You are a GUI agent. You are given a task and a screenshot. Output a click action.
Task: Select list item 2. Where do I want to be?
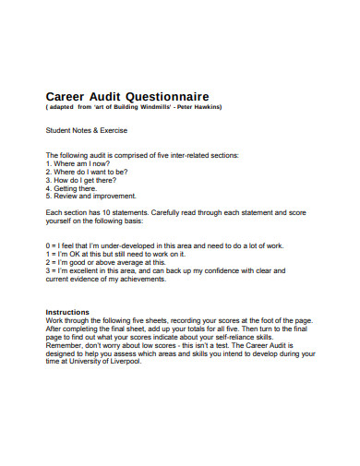[x=87, y=171]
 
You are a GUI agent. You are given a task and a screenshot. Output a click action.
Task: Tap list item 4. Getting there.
[x=71, y=187]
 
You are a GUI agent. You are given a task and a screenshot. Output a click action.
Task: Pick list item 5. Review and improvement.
[x=91, y=196]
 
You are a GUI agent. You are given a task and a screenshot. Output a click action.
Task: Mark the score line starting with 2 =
[x=106, y=261]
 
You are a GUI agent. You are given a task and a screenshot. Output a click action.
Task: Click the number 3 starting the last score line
[x=48, y=270]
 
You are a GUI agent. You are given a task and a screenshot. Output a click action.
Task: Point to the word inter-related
[x=184, y=154]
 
